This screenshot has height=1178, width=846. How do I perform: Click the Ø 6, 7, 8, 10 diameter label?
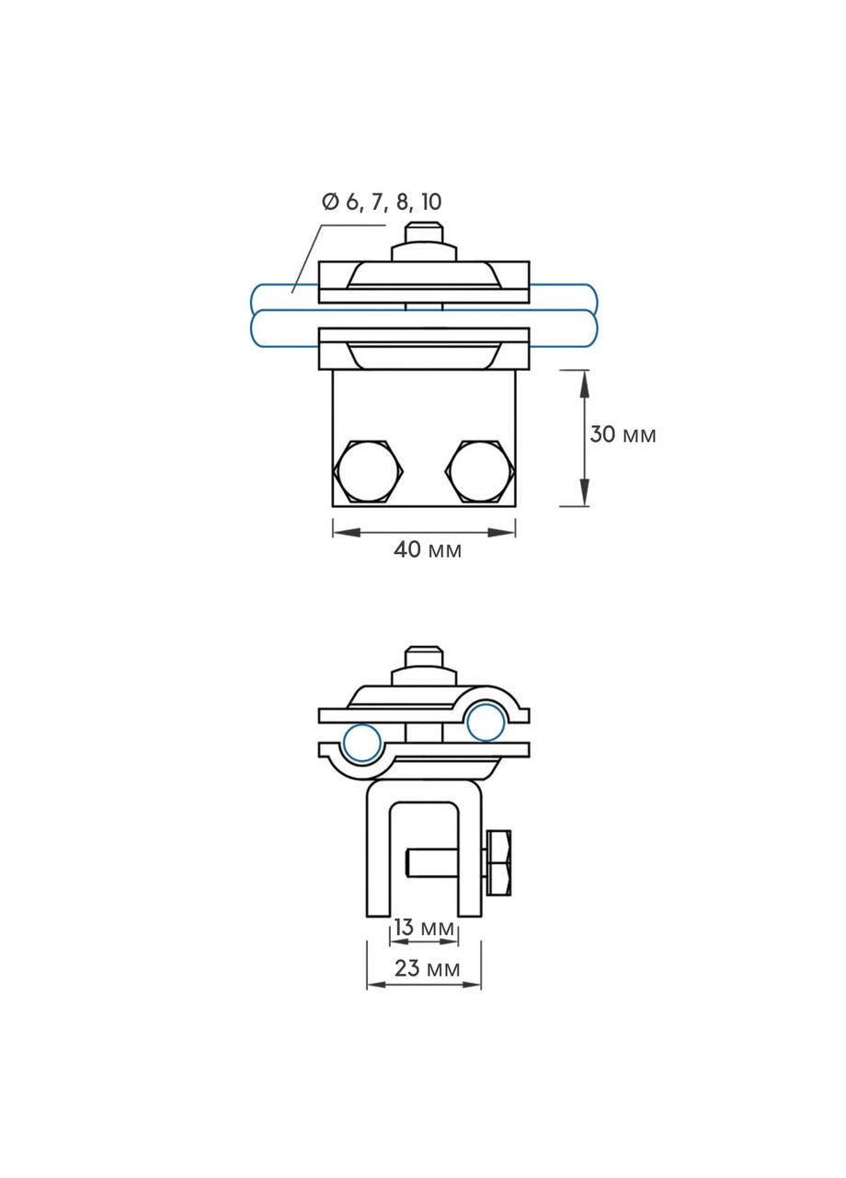pos(382,202)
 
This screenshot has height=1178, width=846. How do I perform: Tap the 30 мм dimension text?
pos(623,435)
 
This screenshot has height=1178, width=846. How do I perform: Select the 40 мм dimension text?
pos(428,549)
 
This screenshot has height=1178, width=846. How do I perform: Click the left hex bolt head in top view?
pos(367,471)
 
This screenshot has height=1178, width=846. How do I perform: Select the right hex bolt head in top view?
pos(479,471)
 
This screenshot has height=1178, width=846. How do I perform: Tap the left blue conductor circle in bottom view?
pos(362,743)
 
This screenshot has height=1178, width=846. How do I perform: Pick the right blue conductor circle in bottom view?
pos(486,722)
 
